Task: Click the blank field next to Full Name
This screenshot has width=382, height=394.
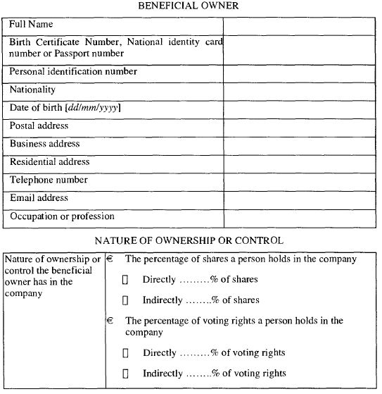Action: coord(299,25)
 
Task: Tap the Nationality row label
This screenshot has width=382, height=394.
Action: coord(32,90)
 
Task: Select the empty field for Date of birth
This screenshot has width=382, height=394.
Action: coord(299,109)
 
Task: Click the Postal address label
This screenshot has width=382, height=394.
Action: coord(39,125)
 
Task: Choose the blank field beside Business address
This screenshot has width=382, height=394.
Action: coord(299,144)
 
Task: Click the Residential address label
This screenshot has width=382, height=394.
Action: coord(50,162)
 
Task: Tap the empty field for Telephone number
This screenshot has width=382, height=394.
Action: coord(299,180)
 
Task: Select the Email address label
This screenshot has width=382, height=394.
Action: coord(39,198)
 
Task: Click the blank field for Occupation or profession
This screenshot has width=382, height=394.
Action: coord(299,218)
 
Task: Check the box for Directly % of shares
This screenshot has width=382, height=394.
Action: coord(125,280)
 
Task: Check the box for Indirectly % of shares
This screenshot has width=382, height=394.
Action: coord(125,300)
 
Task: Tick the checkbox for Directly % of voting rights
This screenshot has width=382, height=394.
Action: coord(125,352)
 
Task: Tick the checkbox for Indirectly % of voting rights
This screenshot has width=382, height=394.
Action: coord(125,373)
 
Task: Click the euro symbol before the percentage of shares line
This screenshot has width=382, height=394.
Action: coord(110,259)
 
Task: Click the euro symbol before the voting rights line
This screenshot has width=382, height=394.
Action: coord(110,321)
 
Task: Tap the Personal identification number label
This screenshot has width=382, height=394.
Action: coord(73,71)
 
